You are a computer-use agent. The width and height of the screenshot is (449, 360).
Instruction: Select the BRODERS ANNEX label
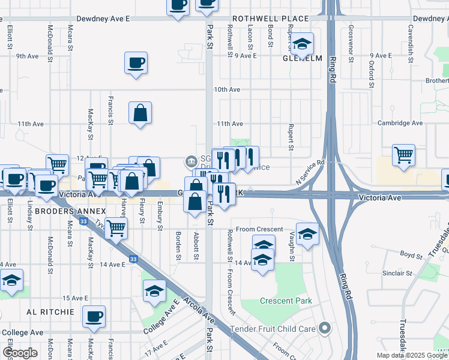coord(70,212)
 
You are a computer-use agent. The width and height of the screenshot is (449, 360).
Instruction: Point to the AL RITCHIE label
coord(50,313)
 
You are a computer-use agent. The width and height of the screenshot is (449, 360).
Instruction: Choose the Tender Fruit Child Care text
coord(274,329)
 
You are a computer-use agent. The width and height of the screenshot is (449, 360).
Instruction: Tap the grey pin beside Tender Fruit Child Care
coord(325,328)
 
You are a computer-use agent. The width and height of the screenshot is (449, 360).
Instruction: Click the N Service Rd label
coord(310,172)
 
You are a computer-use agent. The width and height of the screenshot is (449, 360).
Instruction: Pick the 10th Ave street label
coord(227,89)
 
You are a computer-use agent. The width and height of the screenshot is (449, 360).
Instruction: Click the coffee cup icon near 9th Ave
coord(136,62)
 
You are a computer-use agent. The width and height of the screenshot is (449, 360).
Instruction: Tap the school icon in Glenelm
coord(303,43)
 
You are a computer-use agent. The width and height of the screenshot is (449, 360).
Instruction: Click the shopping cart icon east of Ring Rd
coord(404,155)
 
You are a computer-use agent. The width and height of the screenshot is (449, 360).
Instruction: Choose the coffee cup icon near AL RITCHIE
coord(93,316)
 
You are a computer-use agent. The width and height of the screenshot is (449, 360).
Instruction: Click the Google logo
coord(20,353)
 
